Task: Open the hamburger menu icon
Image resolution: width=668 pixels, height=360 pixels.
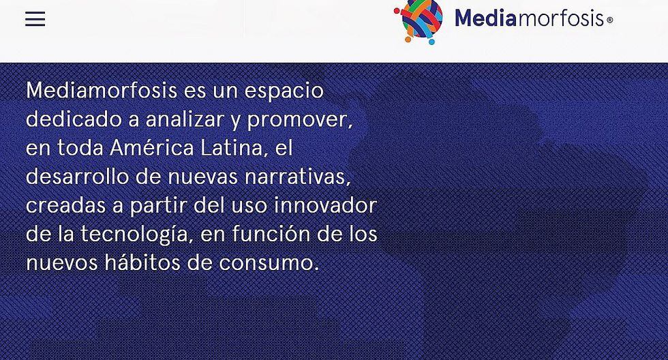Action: tap(35, 19)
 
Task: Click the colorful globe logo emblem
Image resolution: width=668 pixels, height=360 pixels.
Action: tap(419, 21)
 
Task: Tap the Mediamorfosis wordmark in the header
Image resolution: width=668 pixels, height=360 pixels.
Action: tap(529, 18)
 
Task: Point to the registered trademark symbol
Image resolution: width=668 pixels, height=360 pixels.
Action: tap(609, 20)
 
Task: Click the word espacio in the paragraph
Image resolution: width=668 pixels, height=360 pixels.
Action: tap(284, 91)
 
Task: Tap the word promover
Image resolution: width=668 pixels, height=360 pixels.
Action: tap(300, 120)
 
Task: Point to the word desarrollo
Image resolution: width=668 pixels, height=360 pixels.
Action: tap(77, 176)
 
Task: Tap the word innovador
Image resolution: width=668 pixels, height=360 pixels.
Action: tap(326, 205)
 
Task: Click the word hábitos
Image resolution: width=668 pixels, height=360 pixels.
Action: tap(142, 262)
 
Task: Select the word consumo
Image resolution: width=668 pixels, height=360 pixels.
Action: tap(269, 263)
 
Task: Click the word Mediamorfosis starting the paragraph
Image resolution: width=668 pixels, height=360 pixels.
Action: tap(102, 90)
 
